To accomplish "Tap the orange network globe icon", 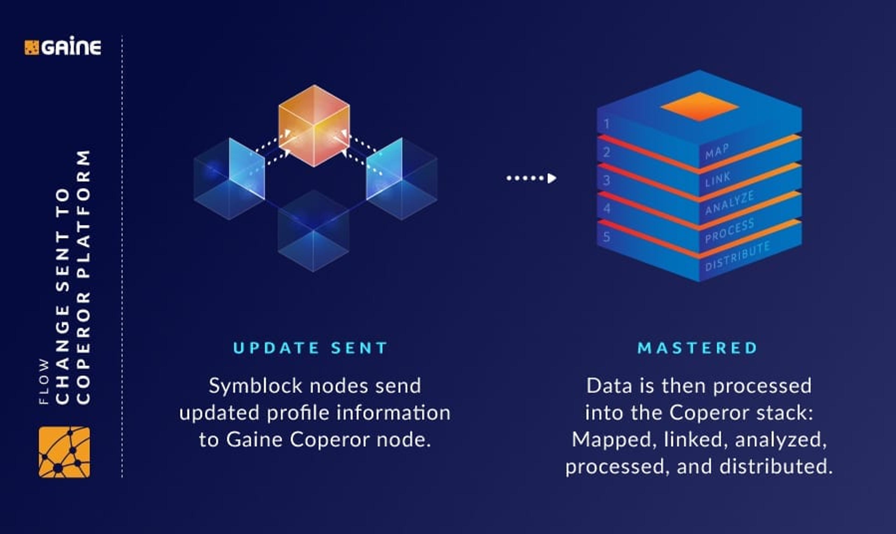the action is pyautogui.click(x=64, y=452).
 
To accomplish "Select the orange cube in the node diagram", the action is pyautogui.click(x=314, y=126).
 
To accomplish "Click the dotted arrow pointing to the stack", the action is pyautogui.click(x=531, y=178).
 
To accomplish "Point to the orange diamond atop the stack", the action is pyautogui.click(x=699, y=106).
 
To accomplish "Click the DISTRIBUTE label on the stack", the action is pyautogui.click(x=737, y=256).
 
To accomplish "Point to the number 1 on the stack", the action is pyautogui.click(x=607, y=124).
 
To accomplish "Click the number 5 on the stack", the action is pyautogui.click(x=607, y=237).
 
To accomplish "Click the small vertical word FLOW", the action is pyautogui.click(x=44, y=382).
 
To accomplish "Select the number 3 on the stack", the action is pyautogui.click(x=607, y=180).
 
